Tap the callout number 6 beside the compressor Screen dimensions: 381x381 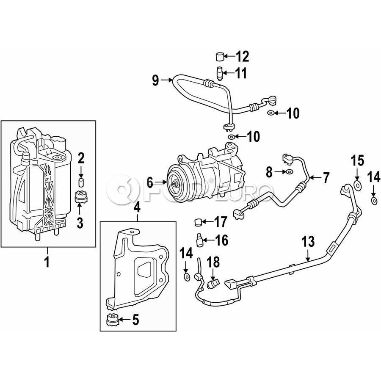149,182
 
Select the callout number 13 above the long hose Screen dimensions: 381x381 309,242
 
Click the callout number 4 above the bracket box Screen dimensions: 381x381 137,207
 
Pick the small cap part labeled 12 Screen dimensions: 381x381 220,57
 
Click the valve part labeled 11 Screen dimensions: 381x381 219,73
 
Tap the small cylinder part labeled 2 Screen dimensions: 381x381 81,183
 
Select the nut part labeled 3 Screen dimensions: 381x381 80,197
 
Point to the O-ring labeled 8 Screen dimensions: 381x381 289,171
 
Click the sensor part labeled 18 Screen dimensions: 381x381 213,282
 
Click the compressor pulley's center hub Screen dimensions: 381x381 174,184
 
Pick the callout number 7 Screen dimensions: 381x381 326,178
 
